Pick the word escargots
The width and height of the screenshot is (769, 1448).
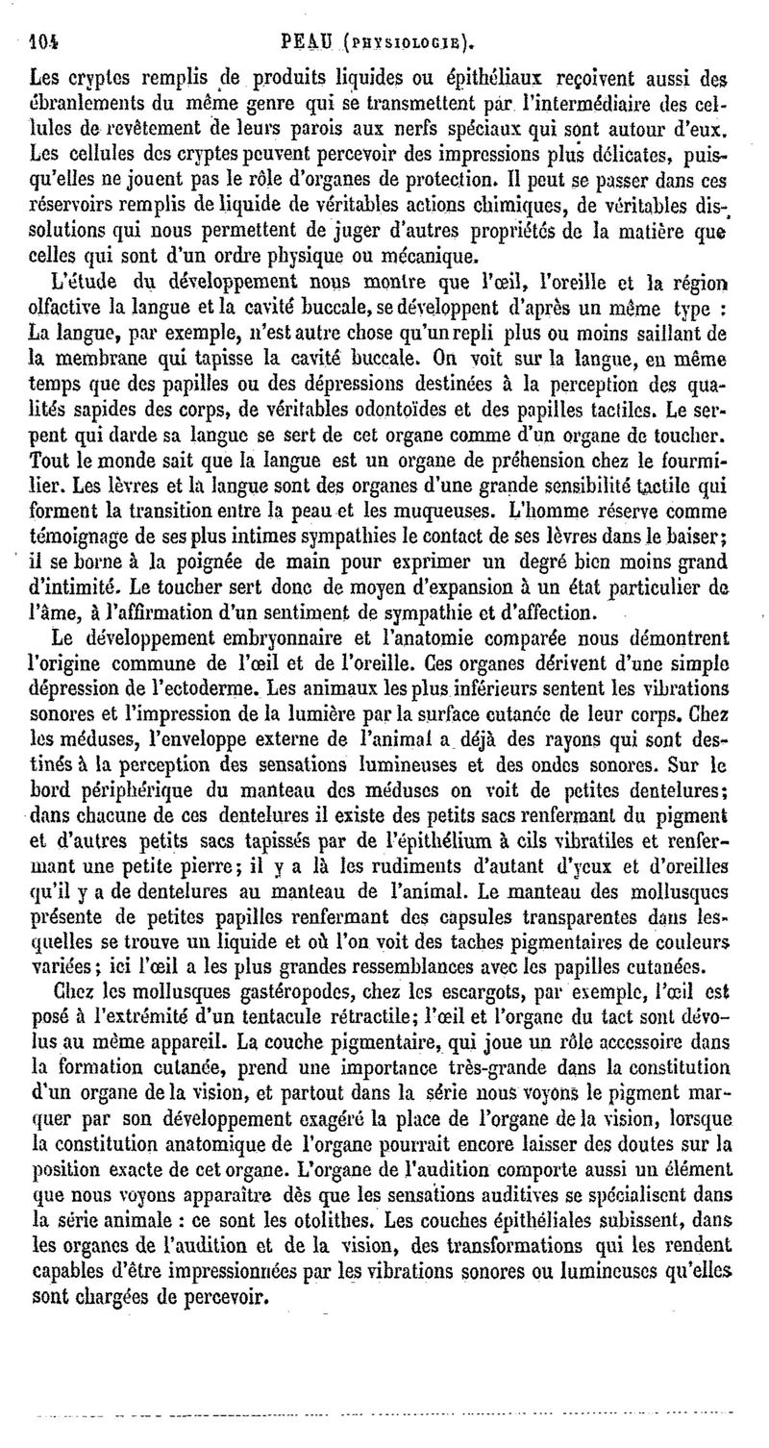pyautogui.click(x=424, y=989)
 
